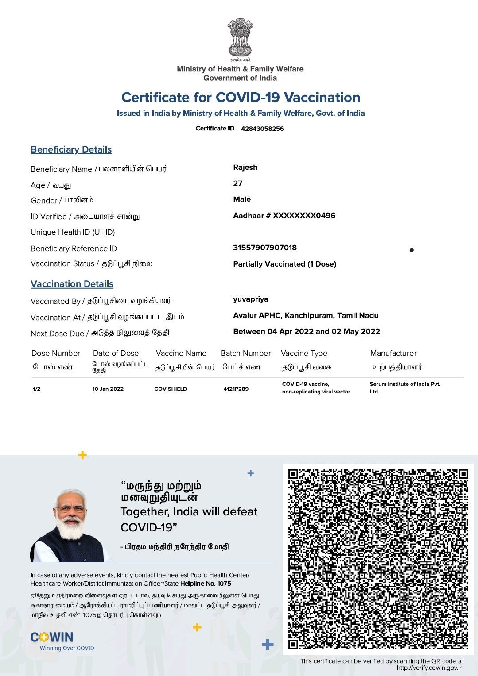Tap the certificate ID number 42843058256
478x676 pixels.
coord(262,129)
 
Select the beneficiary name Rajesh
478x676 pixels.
coord(245,167)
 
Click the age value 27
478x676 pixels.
coord(238,183)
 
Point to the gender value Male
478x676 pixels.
coord(242,199)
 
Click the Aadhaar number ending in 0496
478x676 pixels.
coord(284,216)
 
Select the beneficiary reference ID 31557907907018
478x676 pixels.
coord(265,248)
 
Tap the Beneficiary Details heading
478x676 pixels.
coord(71,149)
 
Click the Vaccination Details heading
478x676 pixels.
coord(72,284)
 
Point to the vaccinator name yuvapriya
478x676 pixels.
coord(251,299)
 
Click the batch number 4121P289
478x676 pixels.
coord(236,389)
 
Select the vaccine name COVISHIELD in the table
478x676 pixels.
coord(171,389)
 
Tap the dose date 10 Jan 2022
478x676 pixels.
coord(108,389)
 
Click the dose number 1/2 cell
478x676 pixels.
coord(36,389)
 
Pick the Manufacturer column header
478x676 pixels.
coord(393,353)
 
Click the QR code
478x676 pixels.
coord(378,559)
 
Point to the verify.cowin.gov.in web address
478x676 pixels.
coord(429,668)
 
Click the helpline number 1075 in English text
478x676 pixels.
coord(224,583)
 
